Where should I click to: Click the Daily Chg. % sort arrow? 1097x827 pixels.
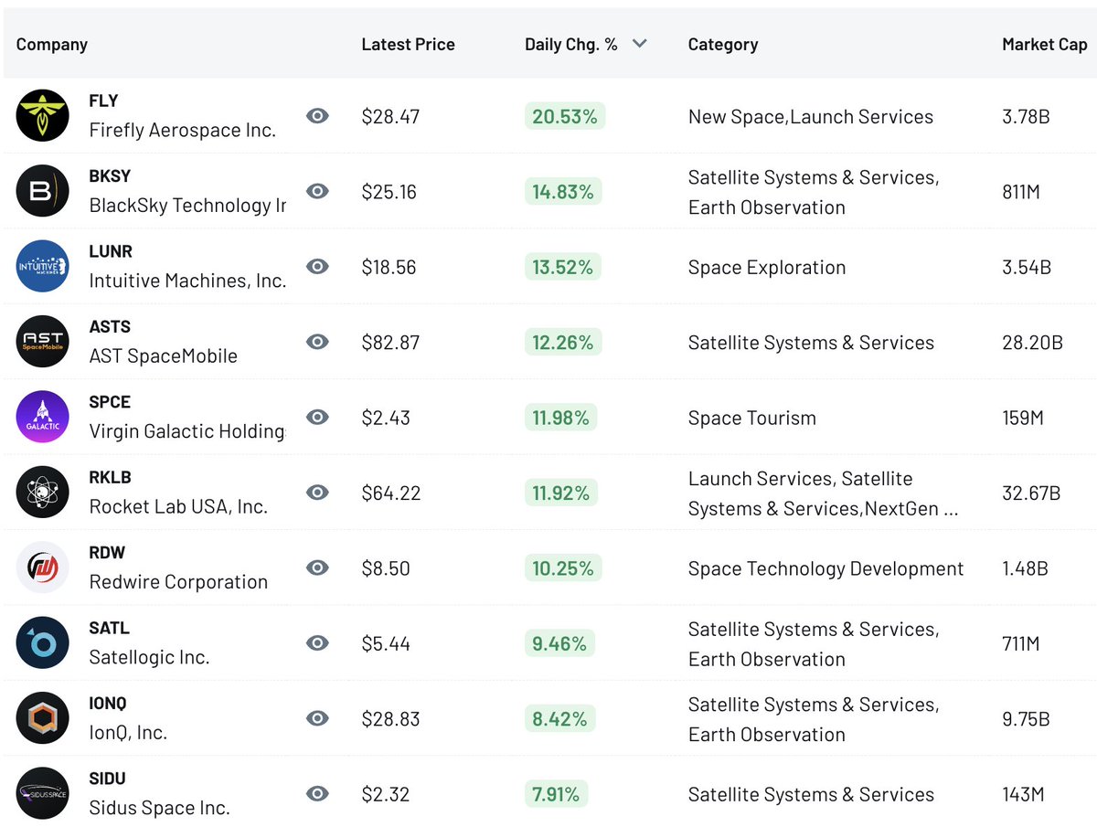(x=639, y=44)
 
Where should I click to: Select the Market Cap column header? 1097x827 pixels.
(x=1044, y=44)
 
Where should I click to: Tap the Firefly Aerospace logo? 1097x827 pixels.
(x=42, y=116)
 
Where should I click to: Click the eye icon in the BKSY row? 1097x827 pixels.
(x=317, y=191)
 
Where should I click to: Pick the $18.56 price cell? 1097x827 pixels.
(x=389, y=267)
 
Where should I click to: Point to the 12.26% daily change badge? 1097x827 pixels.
(x=563, y=343)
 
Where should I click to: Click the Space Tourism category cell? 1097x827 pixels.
(x=751, y=418)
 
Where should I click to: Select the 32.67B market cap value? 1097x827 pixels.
(x=1030, y=493)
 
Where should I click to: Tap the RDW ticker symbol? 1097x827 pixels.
(x=107, y=553)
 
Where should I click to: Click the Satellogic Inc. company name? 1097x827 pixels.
(x=149, y=657)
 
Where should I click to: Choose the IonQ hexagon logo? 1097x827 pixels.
(x=42, y=718)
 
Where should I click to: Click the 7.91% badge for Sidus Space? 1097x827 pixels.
(x=557, y=794)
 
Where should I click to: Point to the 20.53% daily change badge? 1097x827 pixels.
(x=564, y=116)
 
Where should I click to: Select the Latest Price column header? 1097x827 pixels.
(x=408, y=44)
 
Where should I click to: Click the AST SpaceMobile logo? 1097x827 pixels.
(x=42, y=342)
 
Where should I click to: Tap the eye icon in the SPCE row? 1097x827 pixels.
(x=317, y=417)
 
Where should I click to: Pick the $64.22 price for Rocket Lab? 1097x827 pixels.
(x=391, y=493)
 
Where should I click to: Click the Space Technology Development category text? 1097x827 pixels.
(x=825, y=568)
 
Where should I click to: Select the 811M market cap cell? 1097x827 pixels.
(x=1021, y=192)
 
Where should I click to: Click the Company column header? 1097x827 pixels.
(x=52, y=44)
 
